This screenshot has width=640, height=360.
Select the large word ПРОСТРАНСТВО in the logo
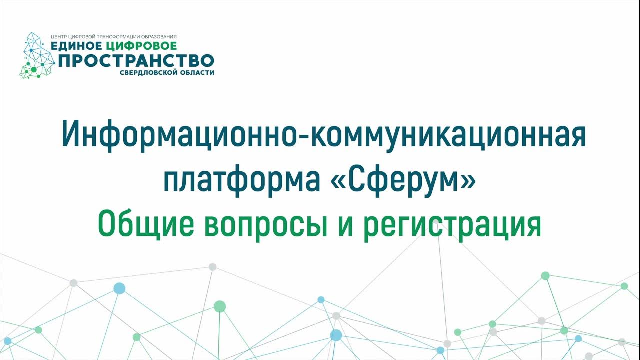point(136,61)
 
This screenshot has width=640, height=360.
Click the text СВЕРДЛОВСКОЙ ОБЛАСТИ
point(167,73)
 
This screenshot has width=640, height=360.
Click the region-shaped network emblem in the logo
point(37,56)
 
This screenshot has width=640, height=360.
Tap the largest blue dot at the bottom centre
point(336,335)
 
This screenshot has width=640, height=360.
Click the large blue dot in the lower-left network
point(119,288)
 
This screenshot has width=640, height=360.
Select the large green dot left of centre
point(219,306)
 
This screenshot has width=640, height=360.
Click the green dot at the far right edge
point(624,286)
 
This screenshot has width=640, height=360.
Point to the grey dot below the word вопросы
point(212,267)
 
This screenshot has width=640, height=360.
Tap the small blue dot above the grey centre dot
point(321,300)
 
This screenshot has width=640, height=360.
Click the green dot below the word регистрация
point(545,275)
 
